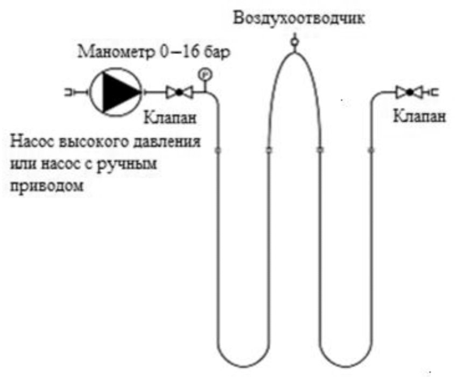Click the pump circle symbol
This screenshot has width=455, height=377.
point(115,93)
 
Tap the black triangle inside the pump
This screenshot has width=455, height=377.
point(117,93)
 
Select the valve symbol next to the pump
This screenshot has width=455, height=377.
point(179,93)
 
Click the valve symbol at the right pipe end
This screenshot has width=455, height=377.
point(409,93)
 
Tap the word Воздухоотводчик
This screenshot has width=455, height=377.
point(299,18)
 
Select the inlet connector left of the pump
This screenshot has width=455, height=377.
point(72,93)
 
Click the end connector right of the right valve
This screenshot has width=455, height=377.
point(433,93)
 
